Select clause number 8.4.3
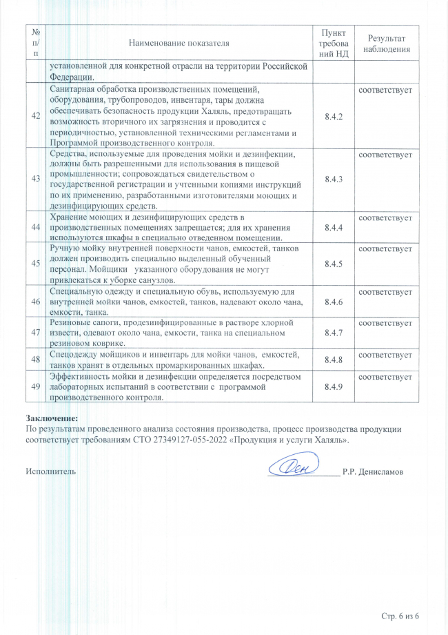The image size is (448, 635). (x=334, y=179)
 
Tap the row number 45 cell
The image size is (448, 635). (x=35, y=262)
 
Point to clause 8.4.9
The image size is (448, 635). (x=334, y=387)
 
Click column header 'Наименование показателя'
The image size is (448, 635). (x=179, y=43)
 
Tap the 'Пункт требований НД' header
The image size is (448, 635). (x=334, y=43)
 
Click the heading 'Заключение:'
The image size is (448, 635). (x=52, y=418)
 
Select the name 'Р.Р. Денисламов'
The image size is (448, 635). (x=373, y=472)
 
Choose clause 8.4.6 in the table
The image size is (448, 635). (x=334, y=301)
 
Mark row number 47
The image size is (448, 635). (x=35, y=333)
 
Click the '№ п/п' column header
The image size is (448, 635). (x=35, y=43)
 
